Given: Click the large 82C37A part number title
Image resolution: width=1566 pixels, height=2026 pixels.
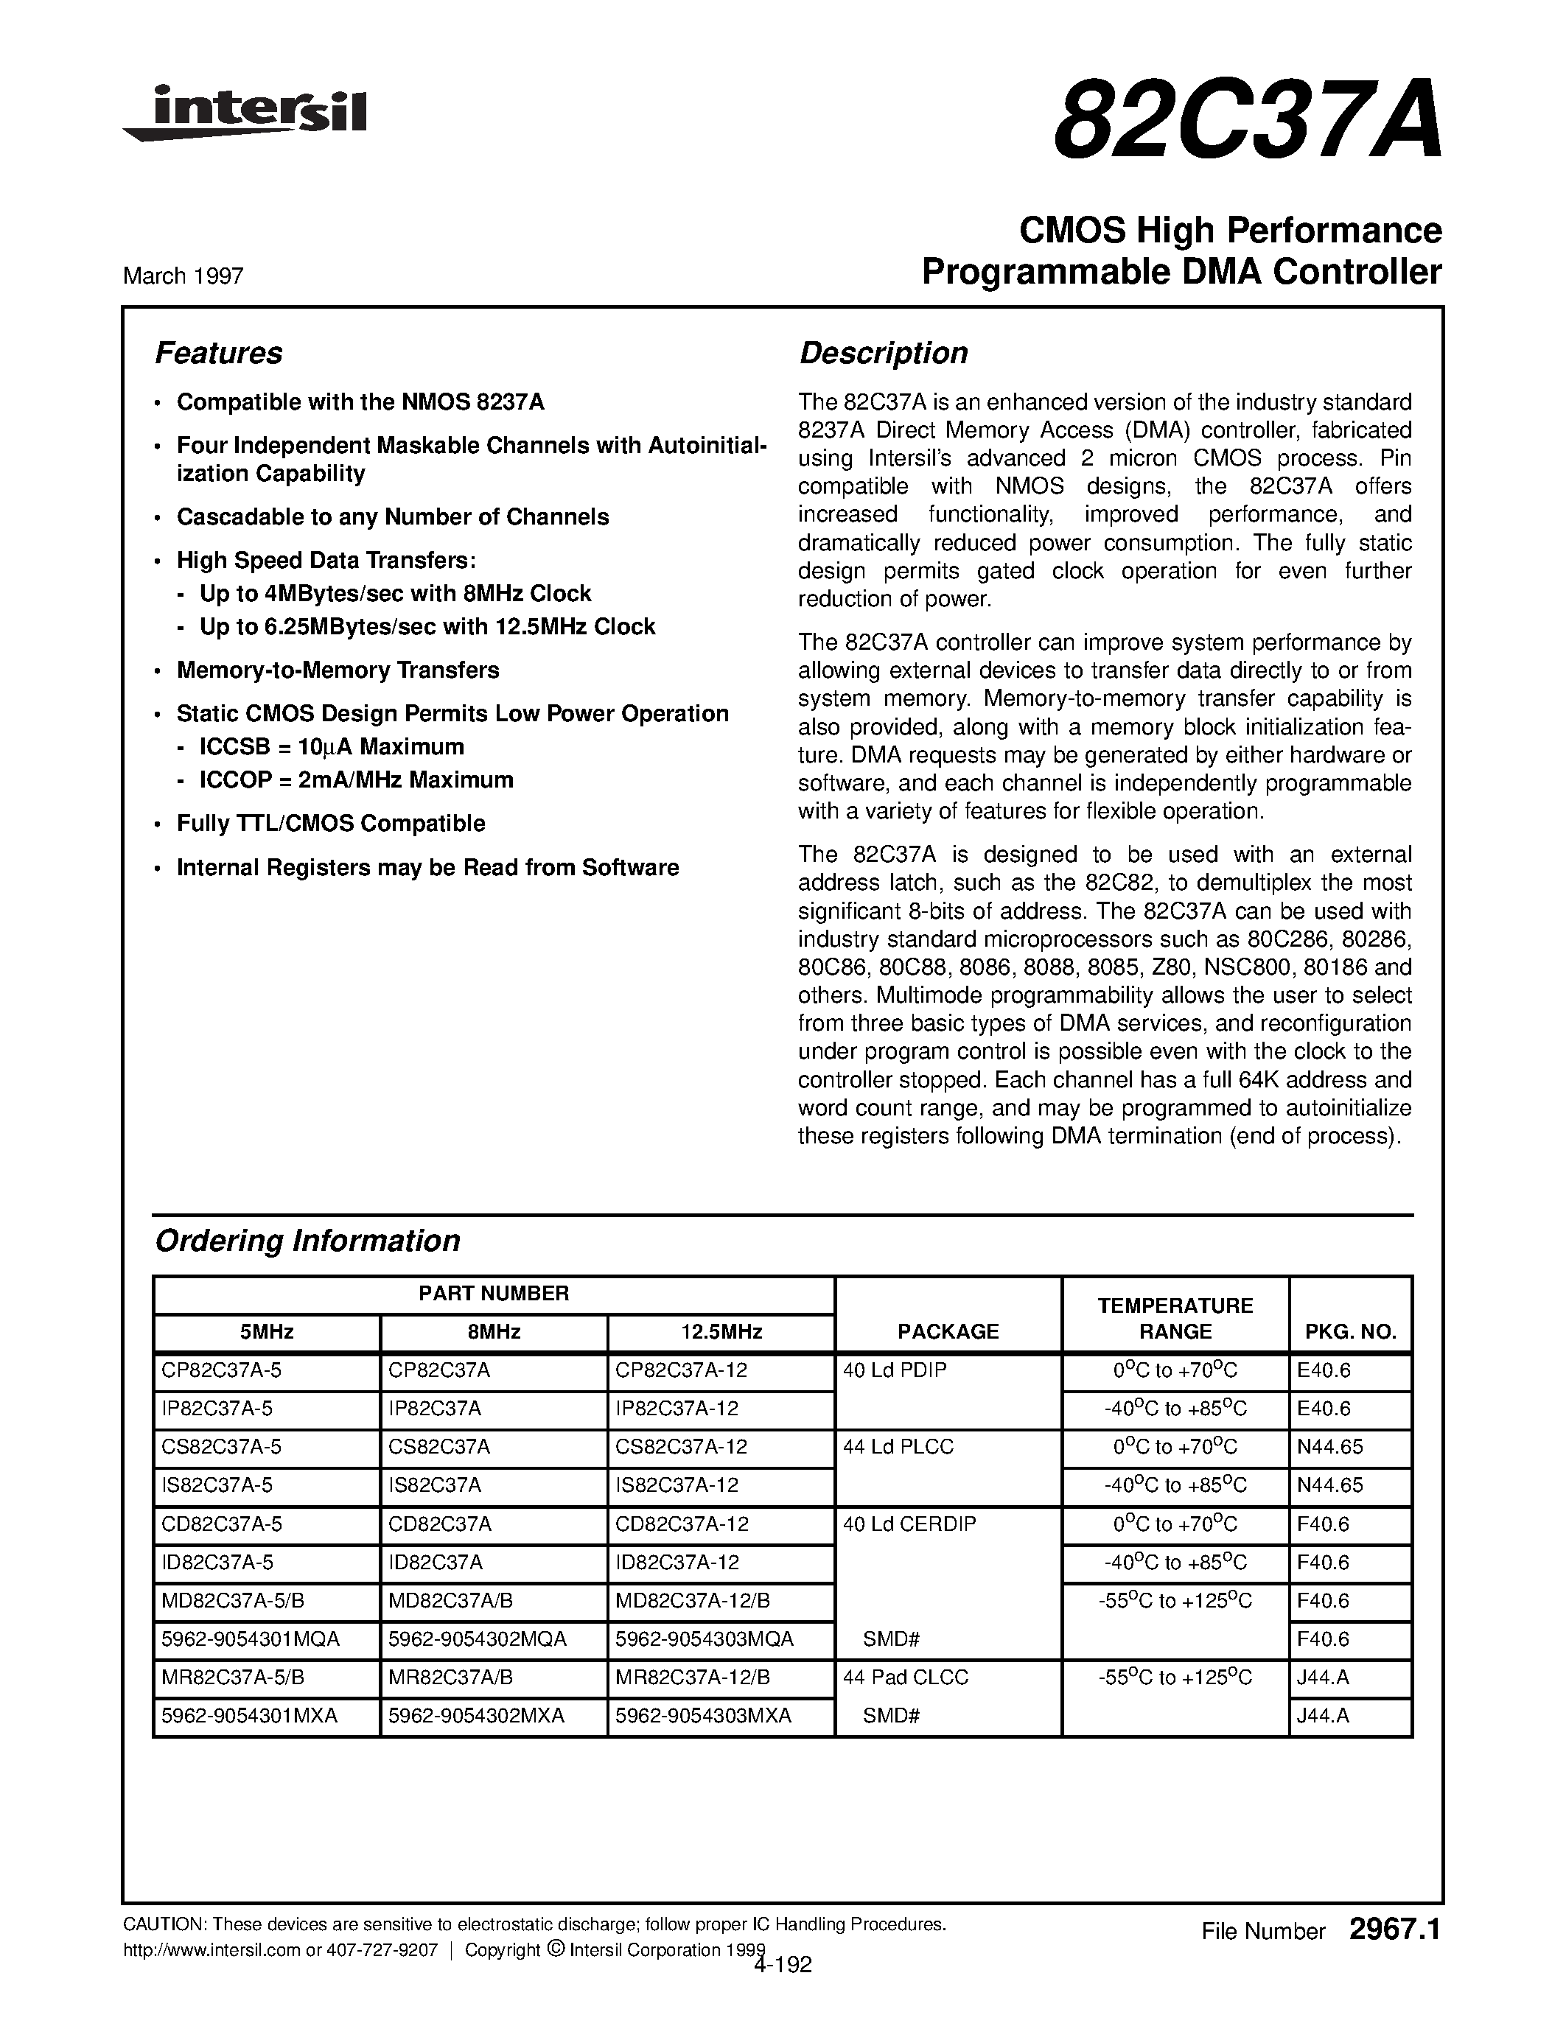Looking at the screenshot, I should [1248, 122].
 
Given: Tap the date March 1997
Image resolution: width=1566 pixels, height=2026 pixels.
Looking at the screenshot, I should [183, 276].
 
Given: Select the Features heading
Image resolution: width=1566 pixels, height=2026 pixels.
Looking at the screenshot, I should [218, 354].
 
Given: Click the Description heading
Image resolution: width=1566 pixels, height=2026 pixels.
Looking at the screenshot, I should [882, 354].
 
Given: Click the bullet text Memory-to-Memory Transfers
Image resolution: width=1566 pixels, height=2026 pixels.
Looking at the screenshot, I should [338, 670].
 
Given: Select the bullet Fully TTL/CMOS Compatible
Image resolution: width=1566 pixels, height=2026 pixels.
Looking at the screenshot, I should [330, 823].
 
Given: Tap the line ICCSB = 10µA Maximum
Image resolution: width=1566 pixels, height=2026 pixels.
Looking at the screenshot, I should [331, 747].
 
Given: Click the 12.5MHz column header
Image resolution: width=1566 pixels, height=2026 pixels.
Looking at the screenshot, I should [721, 1331].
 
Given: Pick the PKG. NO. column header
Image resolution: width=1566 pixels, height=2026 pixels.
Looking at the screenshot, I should [1350, 1332].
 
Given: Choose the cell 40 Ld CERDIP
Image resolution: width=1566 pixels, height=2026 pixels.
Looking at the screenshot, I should [909, 1524].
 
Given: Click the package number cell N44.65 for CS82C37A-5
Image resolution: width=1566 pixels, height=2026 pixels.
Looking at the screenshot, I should [1329, 1447].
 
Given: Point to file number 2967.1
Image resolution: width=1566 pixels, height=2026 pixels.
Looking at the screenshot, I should [1394, 1930].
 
